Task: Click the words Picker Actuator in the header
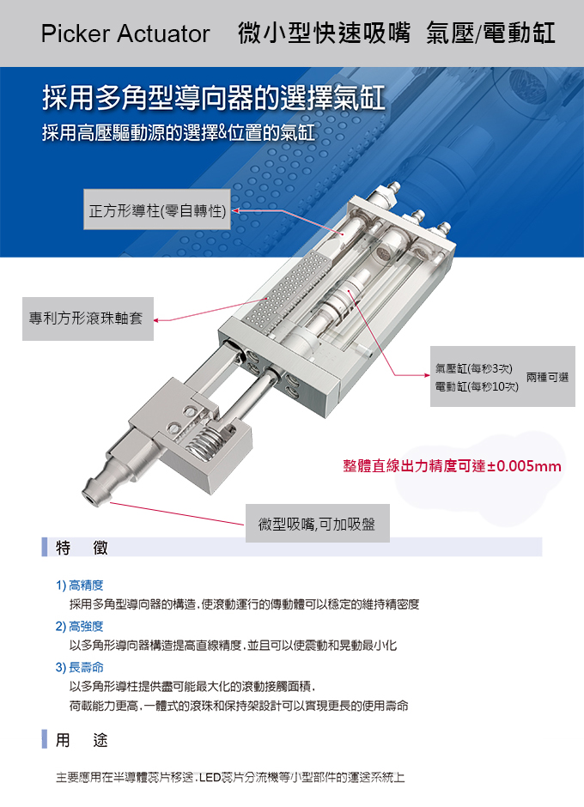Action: (125, 34)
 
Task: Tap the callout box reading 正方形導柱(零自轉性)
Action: (158, 211)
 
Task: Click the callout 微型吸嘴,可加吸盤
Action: (317, 524)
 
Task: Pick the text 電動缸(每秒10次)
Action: (477, 387)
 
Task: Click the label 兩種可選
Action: (547, 377)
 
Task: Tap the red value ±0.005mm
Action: (525, 467)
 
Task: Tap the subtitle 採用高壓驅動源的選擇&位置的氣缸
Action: (179, 134)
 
